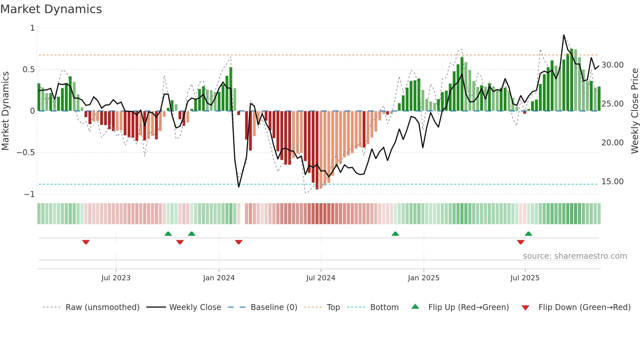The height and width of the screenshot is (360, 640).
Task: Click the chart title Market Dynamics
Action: [x=51, y=9]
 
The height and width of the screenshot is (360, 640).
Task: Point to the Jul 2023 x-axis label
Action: [x=116, y=278]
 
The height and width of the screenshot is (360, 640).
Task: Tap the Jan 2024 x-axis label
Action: [x=219, y=278]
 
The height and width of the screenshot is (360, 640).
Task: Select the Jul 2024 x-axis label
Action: [x=321, y=278]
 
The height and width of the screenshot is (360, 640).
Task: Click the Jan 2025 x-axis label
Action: [x=424, y=278]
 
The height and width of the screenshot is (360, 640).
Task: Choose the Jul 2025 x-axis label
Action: [x=525, y=278]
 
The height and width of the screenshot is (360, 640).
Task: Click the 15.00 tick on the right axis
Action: [x=612, y=182]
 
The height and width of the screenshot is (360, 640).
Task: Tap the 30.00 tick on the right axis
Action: [x=612, y=65]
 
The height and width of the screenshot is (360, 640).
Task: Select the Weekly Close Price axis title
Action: [x=634, y=111]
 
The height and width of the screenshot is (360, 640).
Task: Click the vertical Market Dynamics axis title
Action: [x=5, y=111]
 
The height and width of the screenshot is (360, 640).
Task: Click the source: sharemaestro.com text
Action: [x=575, y=256]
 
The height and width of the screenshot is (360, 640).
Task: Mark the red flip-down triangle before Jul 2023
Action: [x=86, y=242]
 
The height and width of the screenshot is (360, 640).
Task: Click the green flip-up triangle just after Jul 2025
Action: [x=528, y=234]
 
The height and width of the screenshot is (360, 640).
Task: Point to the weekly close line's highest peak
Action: [x=564, y=35]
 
